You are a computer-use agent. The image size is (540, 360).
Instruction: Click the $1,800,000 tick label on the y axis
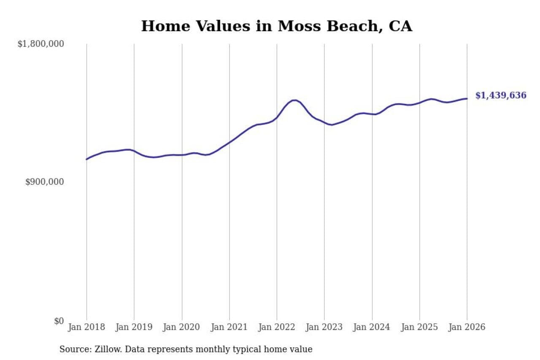[x=40, y=44]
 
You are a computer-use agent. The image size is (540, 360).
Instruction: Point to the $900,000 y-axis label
[x=45, y=182]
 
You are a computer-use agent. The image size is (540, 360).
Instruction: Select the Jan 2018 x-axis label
[x=86, y=327]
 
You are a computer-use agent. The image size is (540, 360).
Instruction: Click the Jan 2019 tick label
[x=134, y=327]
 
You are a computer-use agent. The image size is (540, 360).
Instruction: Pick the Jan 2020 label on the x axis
[x=182, y=327]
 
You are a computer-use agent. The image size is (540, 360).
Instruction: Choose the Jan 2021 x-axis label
[x=229, y=327]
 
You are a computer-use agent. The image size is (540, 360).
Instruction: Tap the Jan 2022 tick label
[x=277, y=327]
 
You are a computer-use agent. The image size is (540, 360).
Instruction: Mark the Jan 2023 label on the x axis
[x=324, y=327]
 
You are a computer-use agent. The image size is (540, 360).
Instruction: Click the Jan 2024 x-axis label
[x=372, y=327]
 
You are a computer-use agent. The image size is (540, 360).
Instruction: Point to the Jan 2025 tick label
[x=419, y=327]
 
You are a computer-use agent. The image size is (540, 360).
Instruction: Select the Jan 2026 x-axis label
[x=467, y=327]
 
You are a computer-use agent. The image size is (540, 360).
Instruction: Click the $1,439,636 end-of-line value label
[x=501, y=95]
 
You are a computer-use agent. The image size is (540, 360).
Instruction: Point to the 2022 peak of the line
[x=294, y=100]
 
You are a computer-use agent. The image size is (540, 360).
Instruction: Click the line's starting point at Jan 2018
[x=86, y=159]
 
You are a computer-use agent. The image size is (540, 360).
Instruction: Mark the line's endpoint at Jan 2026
[x=467, y=99]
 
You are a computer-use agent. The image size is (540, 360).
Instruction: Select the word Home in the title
[x=160, y=26]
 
